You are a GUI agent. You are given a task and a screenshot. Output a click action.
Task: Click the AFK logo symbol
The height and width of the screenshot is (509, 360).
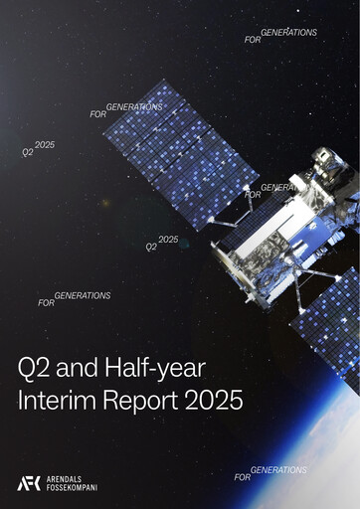[29, 483]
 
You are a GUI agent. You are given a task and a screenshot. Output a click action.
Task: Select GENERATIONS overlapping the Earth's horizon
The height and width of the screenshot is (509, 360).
[279, 469]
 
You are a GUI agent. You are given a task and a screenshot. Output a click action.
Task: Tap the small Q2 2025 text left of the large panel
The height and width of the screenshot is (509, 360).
[38, 149]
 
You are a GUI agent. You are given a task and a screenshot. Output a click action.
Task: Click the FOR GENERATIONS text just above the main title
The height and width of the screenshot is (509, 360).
[75, 298]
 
